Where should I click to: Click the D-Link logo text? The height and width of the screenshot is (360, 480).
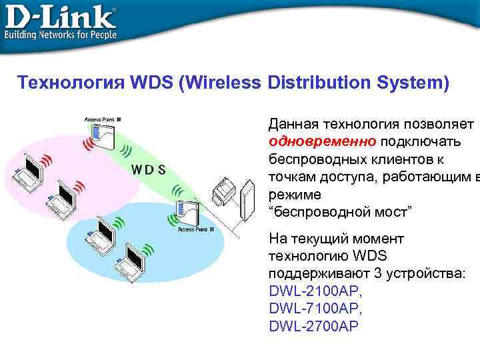click(60, 15)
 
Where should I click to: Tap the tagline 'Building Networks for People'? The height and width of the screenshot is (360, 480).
click(61, 34)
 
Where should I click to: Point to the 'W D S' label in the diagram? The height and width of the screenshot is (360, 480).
click(148, 169)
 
